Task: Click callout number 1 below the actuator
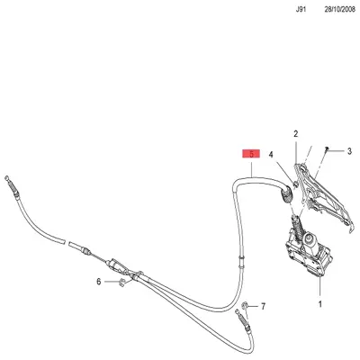319,304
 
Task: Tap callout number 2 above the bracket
294,135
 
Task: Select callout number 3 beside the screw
349,151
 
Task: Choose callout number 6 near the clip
99,283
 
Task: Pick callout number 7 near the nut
263,307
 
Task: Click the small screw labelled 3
330,148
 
